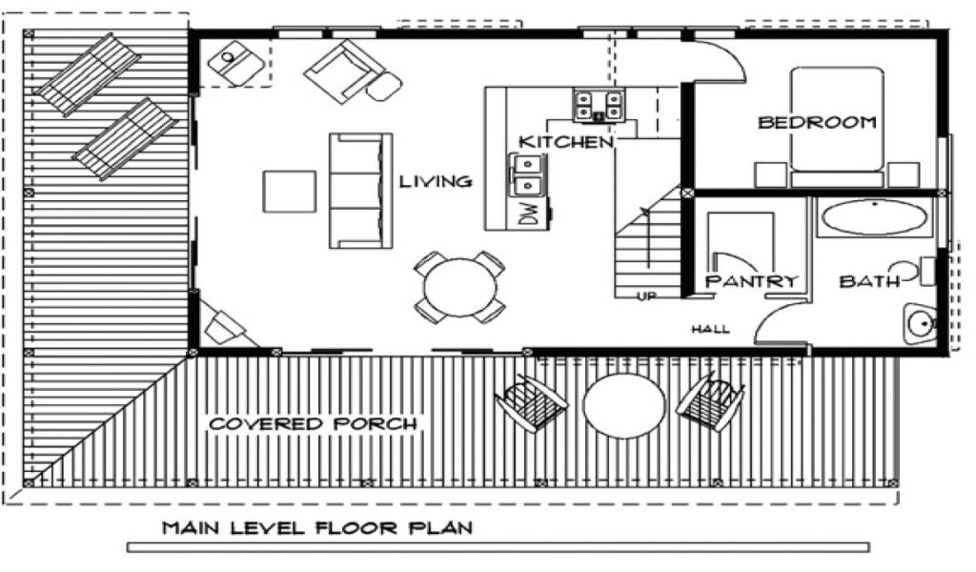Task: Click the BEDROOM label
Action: (817, 122)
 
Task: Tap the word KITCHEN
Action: (566, 142)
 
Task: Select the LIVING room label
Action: (436, 182)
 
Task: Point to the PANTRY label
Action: (751, 281)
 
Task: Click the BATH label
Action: (869, 281)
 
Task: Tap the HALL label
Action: (710, 329)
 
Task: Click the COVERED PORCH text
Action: (313, 424)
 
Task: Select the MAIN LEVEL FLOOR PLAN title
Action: (317, 528)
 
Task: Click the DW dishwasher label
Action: (527, 214)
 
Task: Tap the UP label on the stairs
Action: (646, 296)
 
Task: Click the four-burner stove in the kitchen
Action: (599, 105)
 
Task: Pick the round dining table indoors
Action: (460, 288)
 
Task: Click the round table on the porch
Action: (623, 406)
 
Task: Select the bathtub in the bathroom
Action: (875, 217)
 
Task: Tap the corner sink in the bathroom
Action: (920, 323)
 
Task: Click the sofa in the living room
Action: (360, 191)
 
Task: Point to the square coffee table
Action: (289, 191)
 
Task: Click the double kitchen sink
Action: (526, 175)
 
